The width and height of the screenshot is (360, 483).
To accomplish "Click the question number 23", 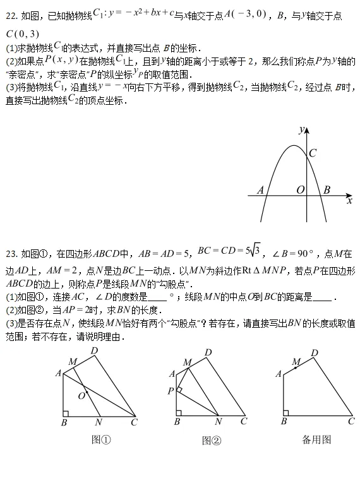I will [10, 254].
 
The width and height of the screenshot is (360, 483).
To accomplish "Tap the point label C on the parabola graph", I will [313, 153].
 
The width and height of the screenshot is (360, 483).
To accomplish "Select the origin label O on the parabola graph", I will [300, 189].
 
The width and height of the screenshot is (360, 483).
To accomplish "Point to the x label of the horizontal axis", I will [349, 201].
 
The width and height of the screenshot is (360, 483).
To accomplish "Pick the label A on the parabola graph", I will [260, 189].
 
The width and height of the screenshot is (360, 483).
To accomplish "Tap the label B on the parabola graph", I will [327, 189].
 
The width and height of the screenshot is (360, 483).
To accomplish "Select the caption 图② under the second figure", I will [211, 440].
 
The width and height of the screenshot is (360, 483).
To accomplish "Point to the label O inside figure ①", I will [81, 395].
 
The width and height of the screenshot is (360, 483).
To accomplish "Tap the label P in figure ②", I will [171, 391].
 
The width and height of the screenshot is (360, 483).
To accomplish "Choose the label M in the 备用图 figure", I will [296, 362].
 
